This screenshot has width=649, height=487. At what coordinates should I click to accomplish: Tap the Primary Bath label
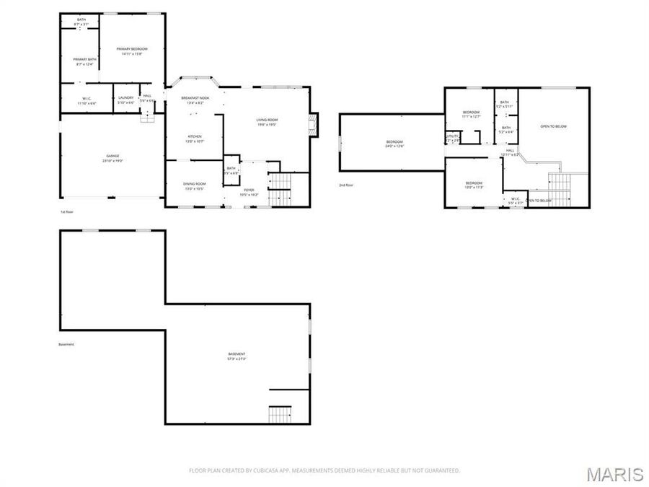pyautogui.click(x=84, y=61)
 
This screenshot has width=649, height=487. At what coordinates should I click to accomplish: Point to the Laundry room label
pyautogui.click(x=126, y=100)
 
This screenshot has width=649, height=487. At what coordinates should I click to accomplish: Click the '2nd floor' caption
pyautogui.click(x=346, y=185)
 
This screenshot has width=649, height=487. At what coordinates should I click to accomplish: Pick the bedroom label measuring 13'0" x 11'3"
pyautogui.click(x=474, y=185)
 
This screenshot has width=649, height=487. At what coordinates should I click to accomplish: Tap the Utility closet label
pyautogui.click(x=453, y=137)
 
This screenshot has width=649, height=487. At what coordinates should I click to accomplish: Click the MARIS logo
pyautogui.click(x=614, y=474)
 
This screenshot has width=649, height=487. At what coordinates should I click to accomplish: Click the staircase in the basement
pyautogui.click(x=280, y=415)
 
